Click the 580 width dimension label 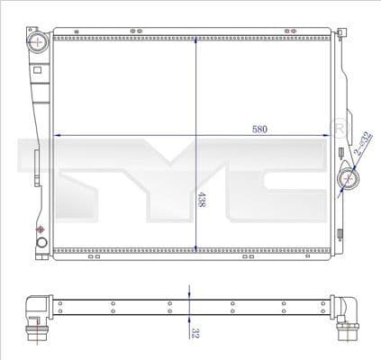259,129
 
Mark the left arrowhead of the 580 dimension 59,135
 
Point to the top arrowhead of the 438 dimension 195,40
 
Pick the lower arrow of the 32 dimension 188,318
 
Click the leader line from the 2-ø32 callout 355,167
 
